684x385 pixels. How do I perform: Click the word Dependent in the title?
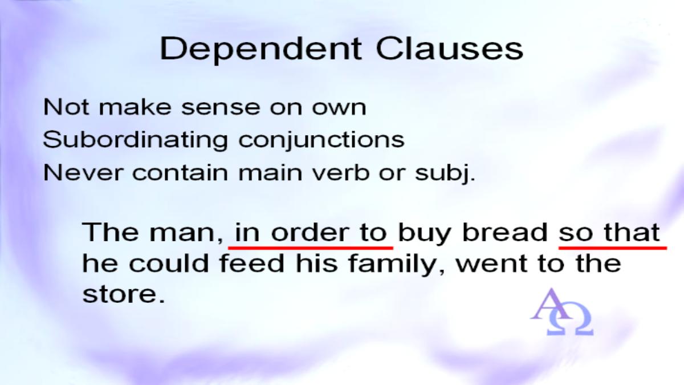coord(260,48)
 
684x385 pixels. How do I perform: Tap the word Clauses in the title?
coord(449,48)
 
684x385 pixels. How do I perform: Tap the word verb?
coord(348,173)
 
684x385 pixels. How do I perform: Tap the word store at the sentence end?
coord(119,295)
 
